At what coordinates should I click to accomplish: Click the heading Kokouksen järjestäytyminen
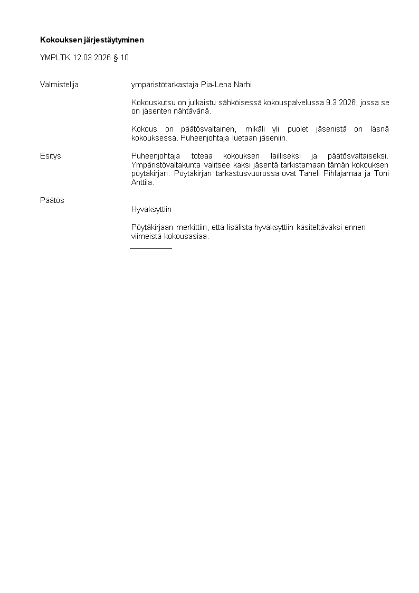92,40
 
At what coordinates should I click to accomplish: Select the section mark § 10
121,58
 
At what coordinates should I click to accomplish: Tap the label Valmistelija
59,84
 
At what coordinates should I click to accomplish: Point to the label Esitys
51,156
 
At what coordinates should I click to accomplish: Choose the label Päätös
52,200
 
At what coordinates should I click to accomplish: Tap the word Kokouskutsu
153,103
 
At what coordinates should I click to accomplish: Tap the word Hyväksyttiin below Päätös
151,209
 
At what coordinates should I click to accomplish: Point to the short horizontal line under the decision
151,248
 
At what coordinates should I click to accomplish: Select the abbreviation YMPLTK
55,58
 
